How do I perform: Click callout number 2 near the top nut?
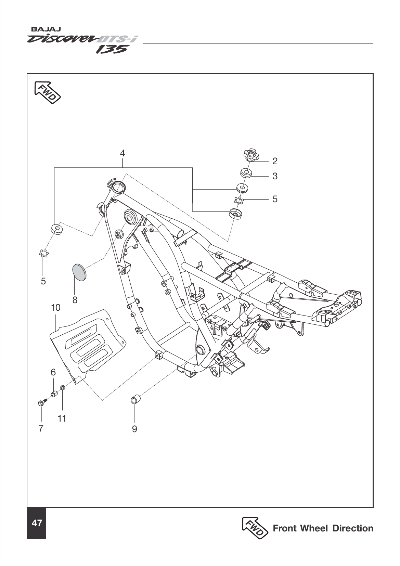(275, 161)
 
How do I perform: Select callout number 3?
(275, 176)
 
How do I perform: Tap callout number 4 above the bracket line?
(122, 153)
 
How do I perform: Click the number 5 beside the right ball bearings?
(275, 199)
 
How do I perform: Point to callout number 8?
(75, 300)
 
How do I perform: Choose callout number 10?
(55, 307)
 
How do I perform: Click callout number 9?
(134, 429)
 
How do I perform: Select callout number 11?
(62, 418)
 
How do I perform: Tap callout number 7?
(41, 428)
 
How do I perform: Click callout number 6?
(53, 372)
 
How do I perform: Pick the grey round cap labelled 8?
(79, 271)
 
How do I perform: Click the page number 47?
(37, 523)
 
